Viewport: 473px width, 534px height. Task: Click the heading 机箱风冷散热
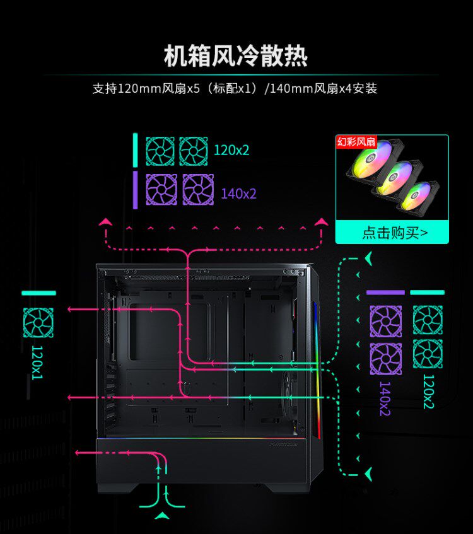click(236, 56)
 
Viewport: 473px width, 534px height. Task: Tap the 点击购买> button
click(392, 233)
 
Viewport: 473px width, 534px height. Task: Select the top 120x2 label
click(231, 150)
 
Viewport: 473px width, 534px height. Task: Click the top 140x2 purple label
click(238, 194)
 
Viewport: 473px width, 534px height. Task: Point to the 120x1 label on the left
click(37, 362)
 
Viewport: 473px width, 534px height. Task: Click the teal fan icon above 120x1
click(38, 323)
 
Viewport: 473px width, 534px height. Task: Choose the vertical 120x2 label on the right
click(428, 392)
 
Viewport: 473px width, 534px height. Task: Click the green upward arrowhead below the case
click(163, 515)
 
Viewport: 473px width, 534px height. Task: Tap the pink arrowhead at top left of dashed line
click(105, 222)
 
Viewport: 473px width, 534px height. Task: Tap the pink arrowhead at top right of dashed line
click(322, 222)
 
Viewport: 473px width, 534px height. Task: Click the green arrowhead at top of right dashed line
click(368, 258)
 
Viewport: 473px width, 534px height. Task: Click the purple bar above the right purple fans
click(385, 293)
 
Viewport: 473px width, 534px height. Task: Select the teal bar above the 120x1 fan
click(38, 293)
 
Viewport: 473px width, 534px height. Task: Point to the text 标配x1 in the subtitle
click(234, 88)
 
